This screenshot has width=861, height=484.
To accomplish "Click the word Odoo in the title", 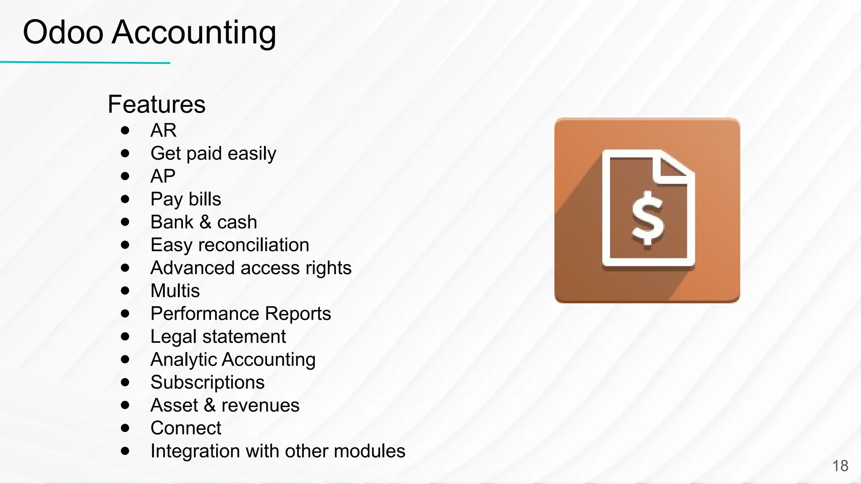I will (63, 32).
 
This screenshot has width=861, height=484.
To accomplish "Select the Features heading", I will (156, 104).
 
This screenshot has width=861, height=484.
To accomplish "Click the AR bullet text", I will (163, 130).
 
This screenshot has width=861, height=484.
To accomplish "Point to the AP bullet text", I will (163, 176).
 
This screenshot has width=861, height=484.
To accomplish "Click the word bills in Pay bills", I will (204, 199).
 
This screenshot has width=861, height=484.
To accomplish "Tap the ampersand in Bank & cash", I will (205, 222).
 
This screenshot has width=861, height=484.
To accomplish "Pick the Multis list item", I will (175, 291).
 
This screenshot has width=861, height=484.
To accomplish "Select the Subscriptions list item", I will (207, 383).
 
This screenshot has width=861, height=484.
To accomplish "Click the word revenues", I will (260, 405).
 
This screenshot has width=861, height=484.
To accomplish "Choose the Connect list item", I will (185, 428).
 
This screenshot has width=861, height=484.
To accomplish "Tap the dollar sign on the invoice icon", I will (648, 218).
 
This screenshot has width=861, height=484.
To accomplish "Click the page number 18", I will (840, 466).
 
